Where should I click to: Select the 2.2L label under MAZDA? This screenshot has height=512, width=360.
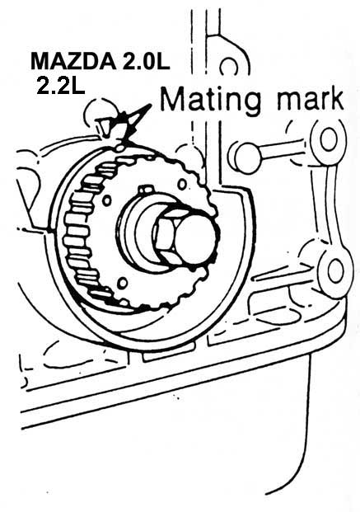click(60, 86)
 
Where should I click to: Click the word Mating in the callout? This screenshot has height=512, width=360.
click(211, 100)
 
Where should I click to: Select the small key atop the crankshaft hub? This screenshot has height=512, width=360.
click(146, 190)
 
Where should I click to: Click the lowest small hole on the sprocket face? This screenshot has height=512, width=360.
click(123, 283)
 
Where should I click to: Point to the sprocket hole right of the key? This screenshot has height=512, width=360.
click(182, 184)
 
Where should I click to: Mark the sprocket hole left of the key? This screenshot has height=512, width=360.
click(107, 200)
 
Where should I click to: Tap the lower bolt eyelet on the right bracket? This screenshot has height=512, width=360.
click(335, 272)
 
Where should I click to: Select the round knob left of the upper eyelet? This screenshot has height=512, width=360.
click(245, 158)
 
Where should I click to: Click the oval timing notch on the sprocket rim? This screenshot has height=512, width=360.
click(120, 148)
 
